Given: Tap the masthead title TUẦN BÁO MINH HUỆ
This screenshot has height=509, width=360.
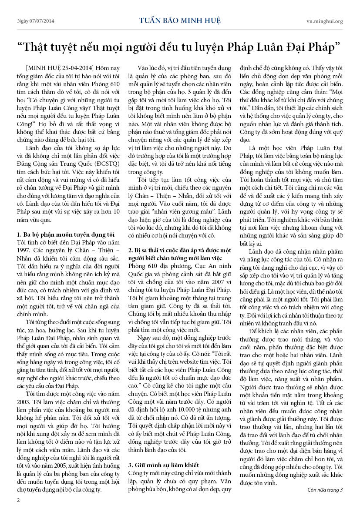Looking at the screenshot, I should [x=180, y=20].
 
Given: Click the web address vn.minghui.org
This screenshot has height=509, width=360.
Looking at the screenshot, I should [x=324, y=21].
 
